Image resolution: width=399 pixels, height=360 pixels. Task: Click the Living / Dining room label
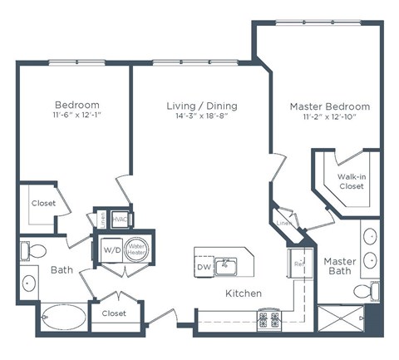point(202,106)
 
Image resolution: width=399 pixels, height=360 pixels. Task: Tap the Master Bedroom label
point(329,107)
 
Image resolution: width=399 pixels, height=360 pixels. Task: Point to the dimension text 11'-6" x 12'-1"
point(77,117)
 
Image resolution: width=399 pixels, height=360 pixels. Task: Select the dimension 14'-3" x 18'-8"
point(202,118)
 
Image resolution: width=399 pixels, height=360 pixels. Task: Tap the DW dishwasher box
point(204,267)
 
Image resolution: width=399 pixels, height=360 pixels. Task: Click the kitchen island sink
point(225,266)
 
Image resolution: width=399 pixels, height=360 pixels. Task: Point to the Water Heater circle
point(136,248)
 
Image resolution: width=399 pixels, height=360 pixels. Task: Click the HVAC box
point(119,217)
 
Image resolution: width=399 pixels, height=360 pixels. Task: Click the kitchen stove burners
point(271,319)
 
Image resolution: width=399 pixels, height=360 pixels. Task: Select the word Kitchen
point(244,293)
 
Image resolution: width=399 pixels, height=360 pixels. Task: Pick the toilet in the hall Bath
point(34,249)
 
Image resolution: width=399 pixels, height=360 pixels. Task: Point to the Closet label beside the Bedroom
point(43,204)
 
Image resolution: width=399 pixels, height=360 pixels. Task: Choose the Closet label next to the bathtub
point(114,314)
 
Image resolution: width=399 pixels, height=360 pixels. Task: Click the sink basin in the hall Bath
point(30,283)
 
